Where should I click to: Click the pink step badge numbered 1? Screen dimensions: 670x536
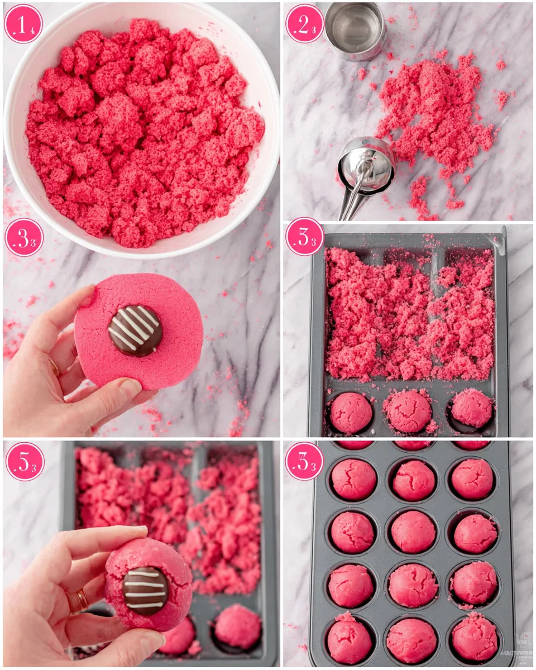23,24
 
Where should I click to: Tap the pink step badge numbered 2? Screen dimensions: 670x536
305,24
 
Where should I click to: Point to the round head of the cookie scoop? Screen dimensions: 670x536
367,162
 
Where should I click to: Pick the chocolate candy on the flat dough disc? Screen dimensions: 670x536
135,331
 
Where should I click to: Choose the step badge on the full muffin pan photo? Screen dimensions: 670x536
304,461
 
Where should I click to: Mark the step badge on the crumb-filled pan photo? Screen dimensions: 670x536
305,237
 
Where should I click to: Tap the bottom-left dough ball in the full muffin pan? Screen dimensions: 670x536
350,640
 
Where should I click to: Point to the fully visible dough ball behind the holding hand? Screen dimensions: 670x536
237,626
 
